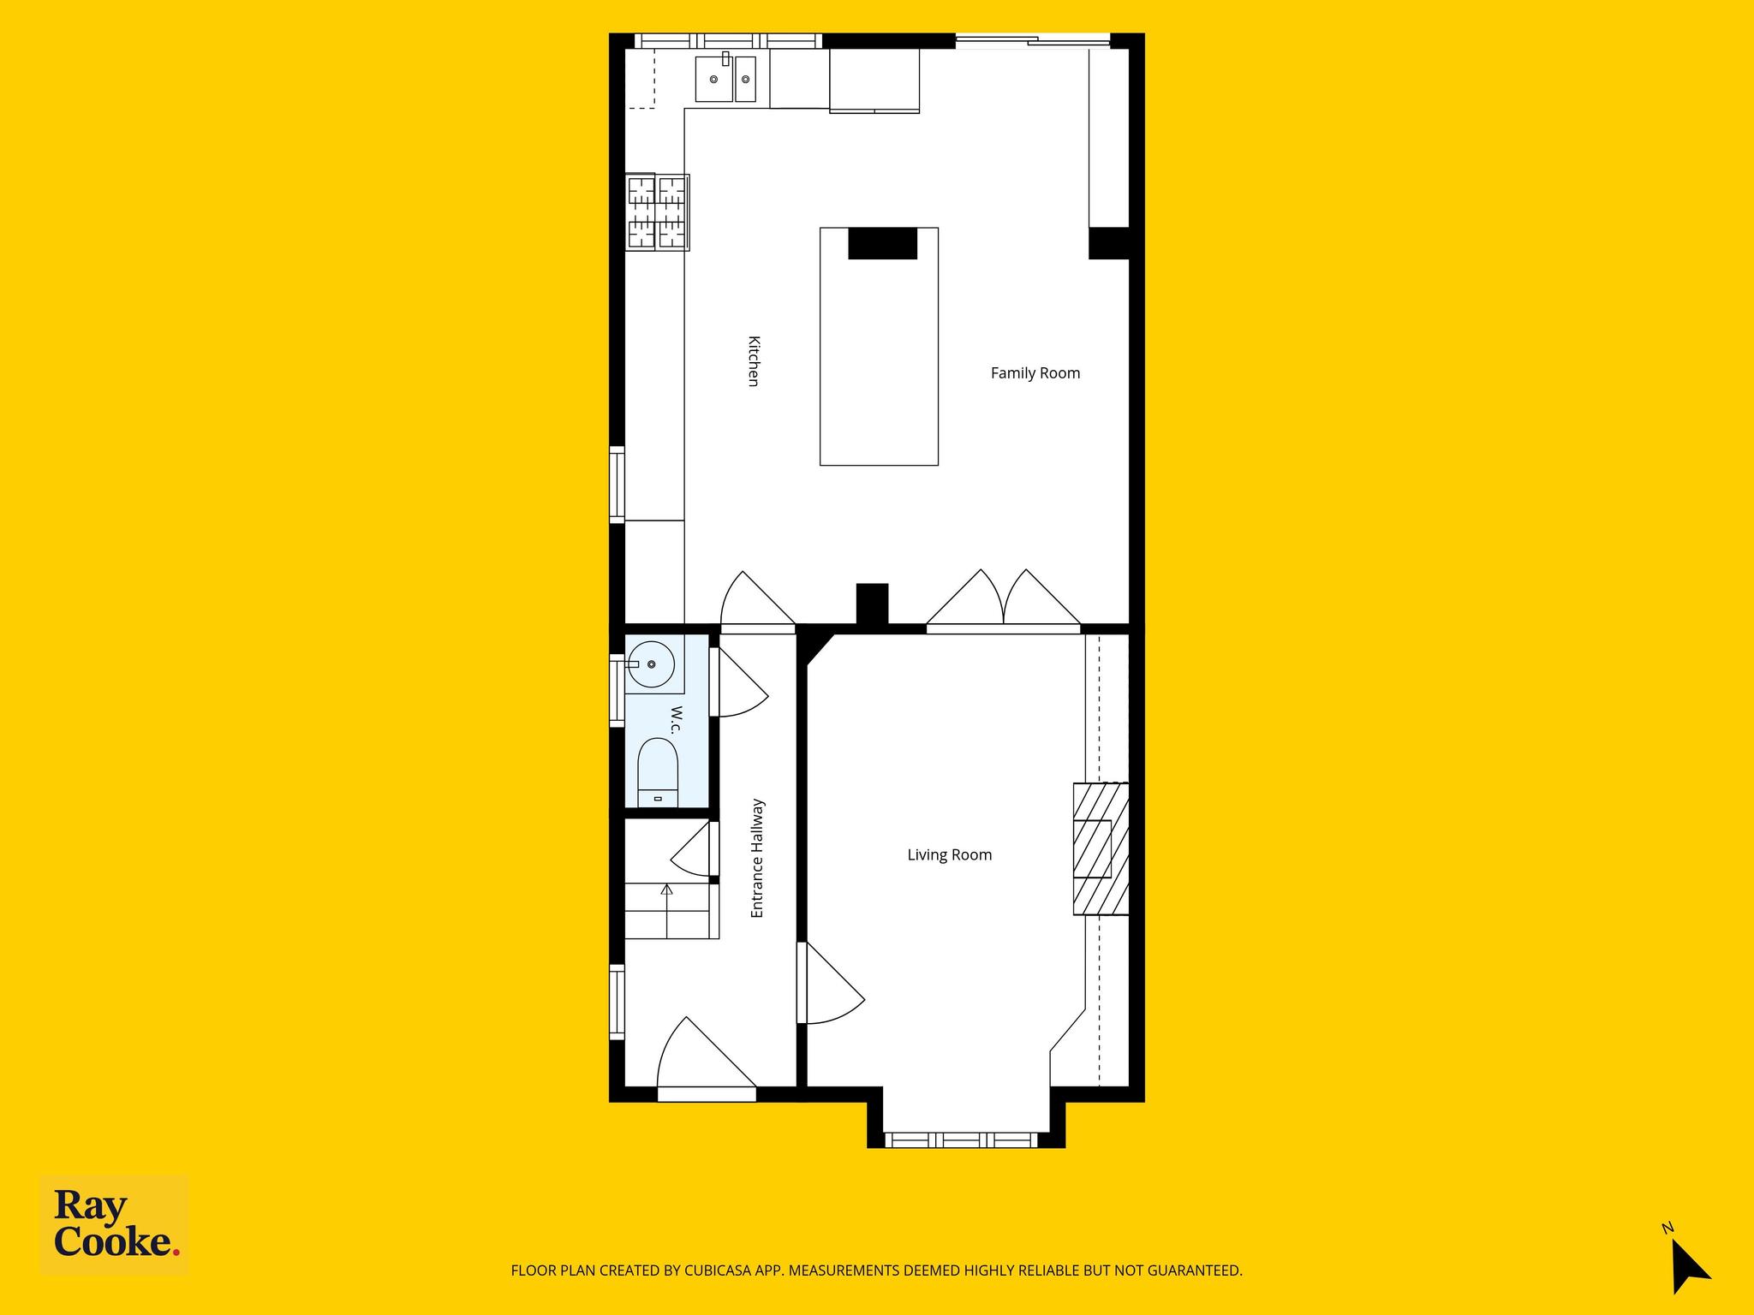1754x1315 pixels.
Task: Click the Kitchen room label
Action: pyautogui.click(x=754, y=361)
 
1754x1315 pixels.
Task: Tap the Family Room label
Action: pyautogui.click(x=1035, y=373)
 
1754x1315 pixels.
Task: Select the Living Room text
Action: pyautogui.click(x=950, y=855)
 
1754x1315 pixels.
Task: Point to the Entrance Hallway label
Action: pyautogui.click(x=757, y=859)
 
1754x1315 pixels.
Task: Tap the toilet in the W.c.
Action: pyautogui.click(x=659, y=772)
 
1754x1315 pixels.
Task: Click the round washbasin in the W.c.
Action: pyautogui.click(x=652, y=664)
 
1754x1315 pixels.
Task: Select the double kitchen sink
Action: pyautogui.click(x=726, y=79)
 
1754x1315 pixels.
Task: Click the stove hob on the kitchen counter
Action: pyautogui.click(x=657, y=212)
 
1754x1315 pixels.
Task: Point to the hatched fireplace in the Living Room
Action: pyautogui.click(x=1101, y=849)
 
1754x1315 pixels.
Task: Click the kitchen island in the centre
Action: pyautogui.click(x=879, y=347)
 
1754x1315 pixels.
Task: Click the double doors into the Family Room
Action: pyautogui.click(x=1004, y=598)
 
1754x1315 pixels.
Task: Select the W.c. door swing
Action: pyautogui.click(x=739, y=682)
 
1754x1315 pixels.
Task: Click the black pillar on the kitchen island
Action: pyautogui.click(x=882, y=243)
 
